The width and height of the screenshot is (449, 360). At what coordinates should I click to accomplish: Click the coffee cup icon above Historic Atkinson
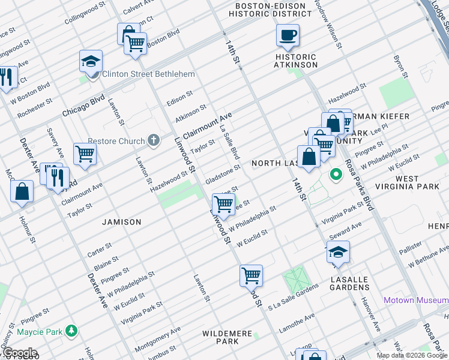click(x=288, y=35)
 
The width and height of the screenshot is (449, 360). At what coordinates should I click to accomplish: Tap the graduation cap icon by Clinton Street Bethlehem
click(x=91, y=62)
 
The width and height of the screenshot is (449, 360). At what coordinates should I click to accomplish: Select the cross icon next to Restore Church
click(x=154, y=141)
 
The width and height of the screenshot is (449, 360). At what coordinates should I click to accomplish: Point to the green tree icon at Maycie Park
click(x=71, y=331)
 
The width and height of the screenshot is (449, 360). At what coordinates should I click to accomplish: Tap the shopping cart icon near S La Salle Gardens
click(x=251, y=276)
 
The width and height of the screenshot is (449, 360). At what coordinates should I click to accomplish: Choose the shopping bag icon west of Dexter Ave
click(x=22, y=192)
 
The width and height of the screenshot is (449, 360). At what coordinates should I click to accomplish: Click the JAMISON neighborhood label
click(x=122, y=222)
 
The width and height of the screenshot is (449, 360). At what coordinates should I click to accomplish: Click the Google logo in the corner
click(x=19, y=353)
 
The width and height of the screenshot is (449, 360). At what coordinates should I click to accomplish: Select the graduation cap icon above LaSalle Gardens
click(x=338, y=252)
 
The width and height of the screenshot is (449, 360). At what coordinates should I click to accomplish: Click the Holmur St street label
click(x=30, y=226)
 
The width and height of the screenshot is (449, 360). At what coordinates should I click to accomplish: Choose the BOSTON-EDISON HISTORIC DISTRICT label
click(x=270, y=10)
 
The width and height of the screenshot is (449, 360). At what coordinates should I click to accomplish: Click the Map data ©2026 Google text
click(x=411, y=355)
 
